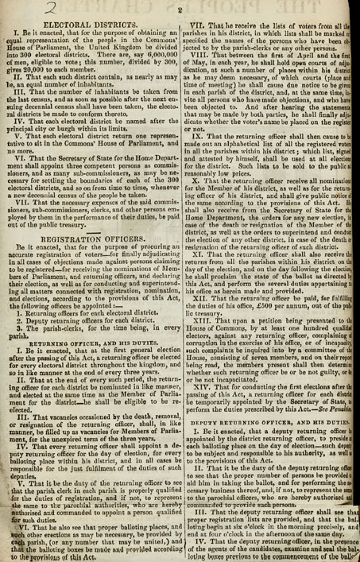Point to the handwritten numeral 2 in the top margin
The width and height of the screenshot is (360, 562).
tap(14, 8)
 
